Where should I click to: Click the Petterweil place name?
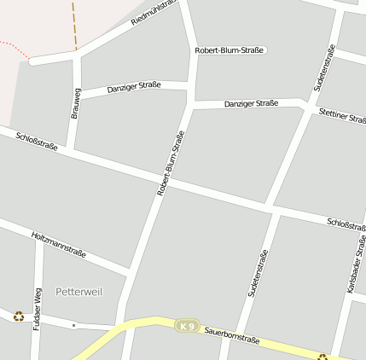(78, 292)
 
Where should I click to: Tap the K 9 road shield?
(187, 326)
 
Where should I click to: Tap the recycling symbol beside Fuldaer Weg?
(19, 316)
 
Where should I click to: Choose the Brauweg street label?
(76, 104)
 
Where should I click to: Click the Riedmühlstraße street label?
(154, 12)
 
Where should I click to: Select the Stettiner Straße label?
(342, 116)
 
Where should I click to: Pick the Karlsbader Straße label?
(357, 264)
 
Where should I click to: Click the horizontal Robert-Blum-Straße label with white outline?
(230, 50)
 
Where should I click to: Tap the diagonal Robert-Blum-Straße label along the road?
(171, 164)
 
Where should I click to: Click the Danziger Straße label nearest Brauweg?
(134, 87)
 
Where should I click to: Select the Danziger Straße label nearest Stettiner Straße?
(251, 103)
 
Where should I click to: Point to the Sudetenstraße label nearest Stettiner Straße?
(325, 68)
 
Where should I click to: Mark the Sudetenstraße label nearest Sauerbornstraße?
(259, 273)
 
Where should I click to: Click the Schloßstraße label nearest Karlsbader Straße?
(346, 224)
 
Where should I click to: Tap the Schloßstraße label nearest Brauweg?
(37, 141)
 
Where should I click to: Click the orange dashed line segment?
(74, 24)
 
